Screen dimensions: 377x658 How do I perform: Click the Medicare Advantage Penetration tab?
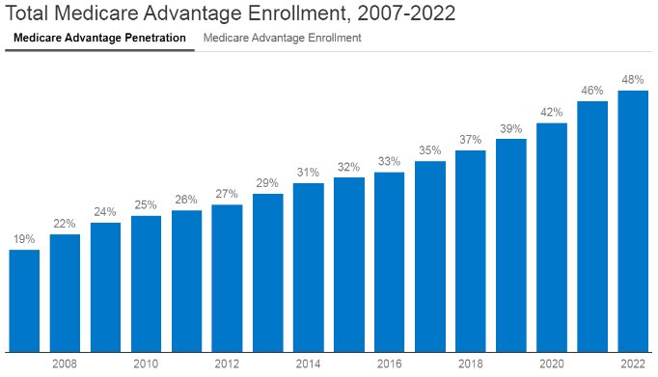[x=99, y=39]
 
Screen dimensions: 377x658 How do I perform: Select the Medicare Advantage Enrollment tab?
[x=283, y=39]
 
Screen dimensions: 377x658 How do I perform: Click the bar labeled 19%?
[x=24, y=300]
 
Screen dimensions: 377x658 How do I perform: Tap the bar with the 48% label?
[x=633, y=221]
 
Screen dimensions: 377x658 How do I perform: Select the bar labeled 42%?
[x=551, y=237]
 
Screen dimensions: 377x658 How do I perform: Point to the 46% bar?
[x=592, y=226]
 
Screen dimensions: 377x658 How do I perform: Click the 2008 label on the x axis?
[x=65, y=364]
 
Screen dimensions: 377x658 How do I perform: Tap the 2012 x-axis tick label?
[x=227, y=364]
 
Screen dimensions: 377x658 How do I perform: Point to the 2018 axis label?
[x=470, y=364]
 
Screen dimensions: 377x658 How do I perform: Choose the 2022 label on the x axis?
[x=633, y=364]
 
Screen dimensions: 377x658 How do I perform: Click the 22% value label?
[x=65, y=224]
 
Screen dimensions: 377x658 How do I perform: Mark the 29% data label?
[x=267, y=183]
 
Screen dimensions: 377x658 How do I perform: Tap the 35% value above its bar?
[x=429, y=150]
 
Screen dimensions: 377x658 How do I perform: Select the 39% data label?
[x=510, y=128]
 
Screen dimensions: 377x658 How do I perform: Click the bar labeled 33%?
[x=389, y=261]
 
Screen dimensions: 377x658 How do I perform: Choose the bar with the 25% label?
[x=146, y=283]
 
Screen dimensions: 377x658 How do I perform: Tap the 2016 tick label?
[x=389, y=364]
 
